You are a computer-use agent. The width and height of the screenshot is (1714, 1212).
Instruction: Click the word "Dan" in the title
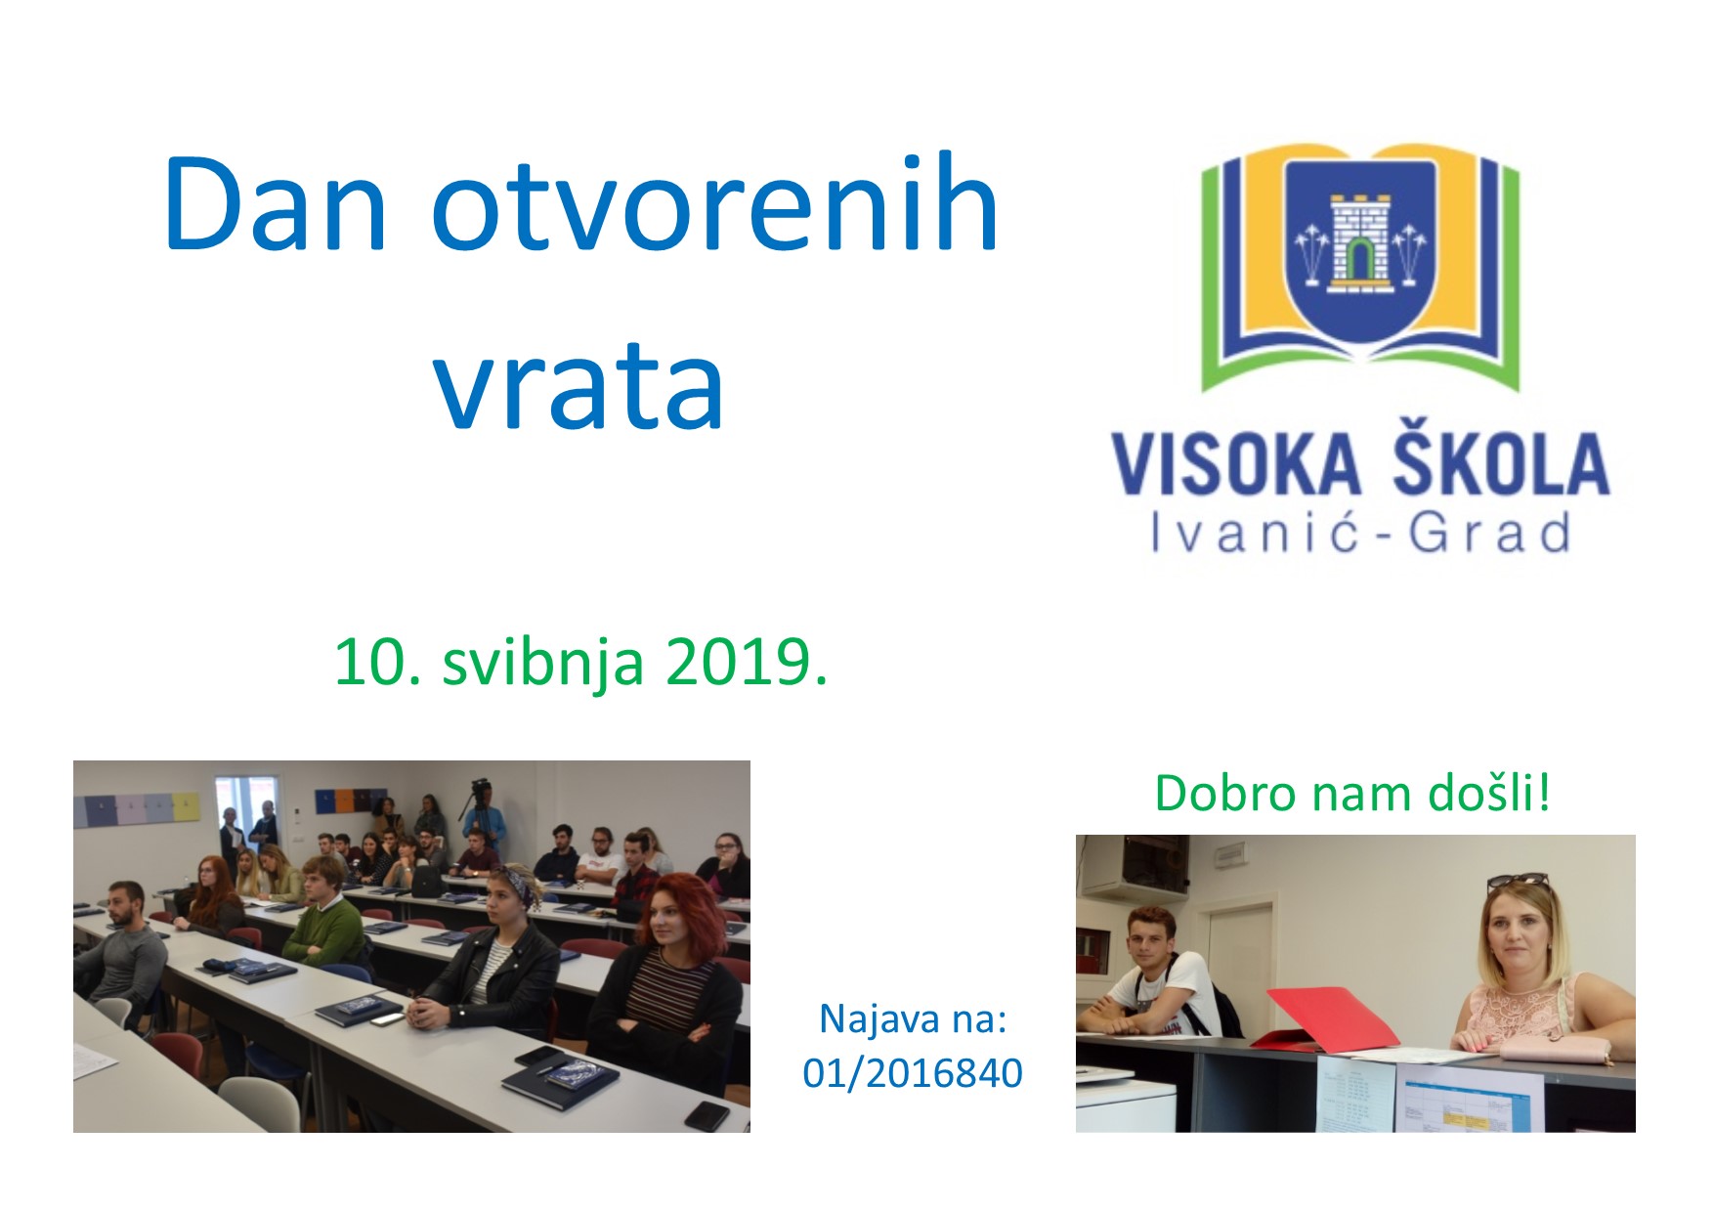[276, 204]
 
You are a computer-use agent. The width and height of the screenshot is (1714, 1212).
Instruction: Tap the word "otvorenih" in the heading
[715, 204]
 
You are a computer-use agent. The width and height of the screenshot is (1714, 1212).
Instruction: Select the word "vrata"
[579, 383]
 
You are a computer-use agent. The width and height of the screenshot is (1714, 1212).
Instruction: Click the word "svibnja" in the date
[543, 665]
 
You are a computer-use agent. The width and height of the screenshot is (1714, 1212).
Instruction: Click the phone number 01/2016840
[913, 1073]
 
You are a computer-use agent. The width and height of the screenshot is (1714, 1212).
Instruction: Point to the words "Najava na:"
[913, 1018]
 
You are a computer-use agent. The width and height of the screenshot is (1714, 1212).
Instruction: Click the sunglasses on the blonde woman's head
[1518, 883]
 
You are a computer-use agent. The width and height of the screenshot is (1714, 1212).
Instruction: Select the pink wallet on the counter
[1555, 1050]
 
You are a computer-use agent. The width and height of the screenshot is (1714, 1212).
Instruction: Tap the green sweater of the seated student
[324, 929]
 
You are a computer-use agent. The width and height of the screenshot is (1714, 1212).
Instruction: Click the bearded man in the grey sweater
[123, 953]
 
